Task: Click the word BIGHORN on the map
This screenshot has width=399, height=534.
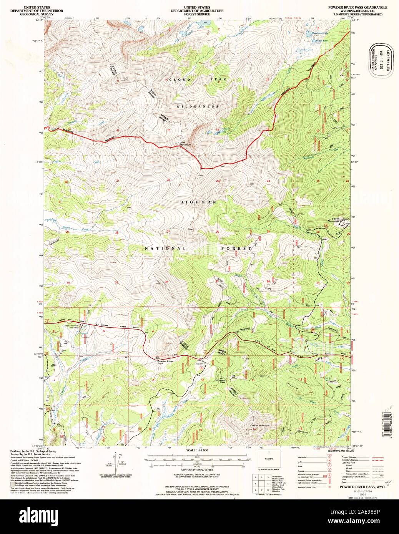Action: (198, 202)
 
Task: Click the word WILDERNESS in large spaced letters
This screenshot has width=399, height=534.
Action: (198, 106)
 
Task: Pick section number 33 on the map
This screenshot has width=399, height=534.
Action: (116, 282)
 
